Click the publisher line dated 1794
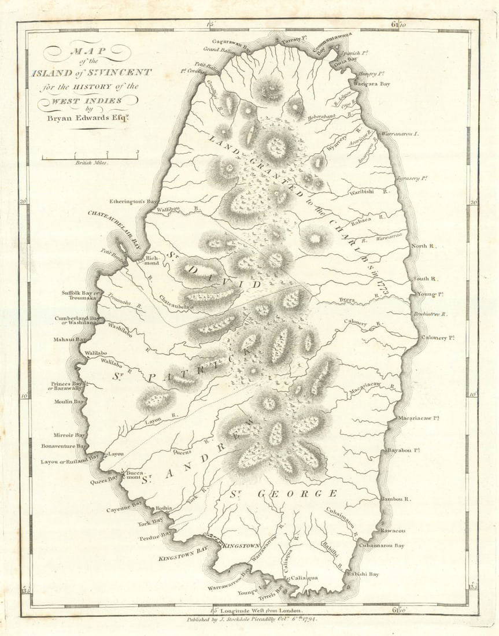pos(257,620)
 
